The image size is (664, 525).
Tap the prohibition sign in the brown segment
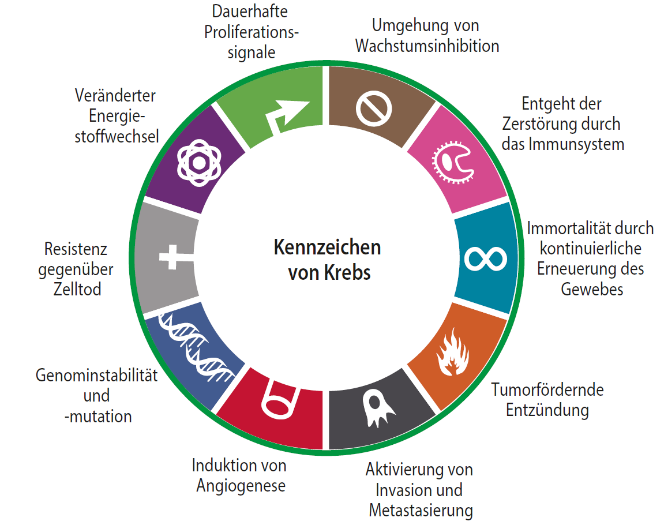(x=373, y=109)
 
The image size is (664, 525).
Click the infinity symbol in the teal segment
(x=486, y=258)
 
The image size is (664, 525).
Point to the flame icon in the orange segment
(x=453, y=352)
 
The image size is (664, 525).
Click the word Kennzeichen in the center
(x=327, y=247)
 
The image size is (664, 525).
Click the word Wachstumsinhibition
(x=427, y=46)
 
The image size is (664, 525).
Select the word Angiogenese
(x=241, y=486)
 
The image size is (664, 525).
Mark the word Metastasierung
(x=421, y=511)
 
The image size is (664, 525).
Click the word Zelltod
(x=77, y=289)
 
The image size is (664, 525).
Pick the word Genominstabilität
(x=96, y=376)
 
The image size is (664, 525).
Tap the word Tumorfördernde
(x=547, y=389)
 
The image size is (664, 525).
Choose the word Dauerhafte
(x=250, y=12)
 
